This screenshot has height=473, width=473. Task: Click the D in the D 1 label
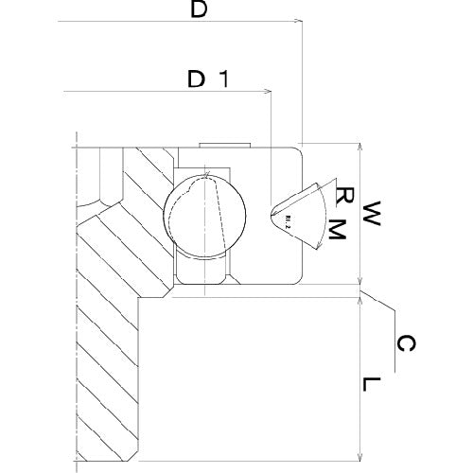pos(197,79)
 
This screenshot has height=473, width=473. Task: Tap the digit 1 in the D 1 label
pos(223,79)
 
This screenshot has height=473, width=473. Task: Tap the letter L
pos(373,385)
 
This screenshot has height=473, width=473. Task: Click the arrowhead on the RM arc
pos(318,242)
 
